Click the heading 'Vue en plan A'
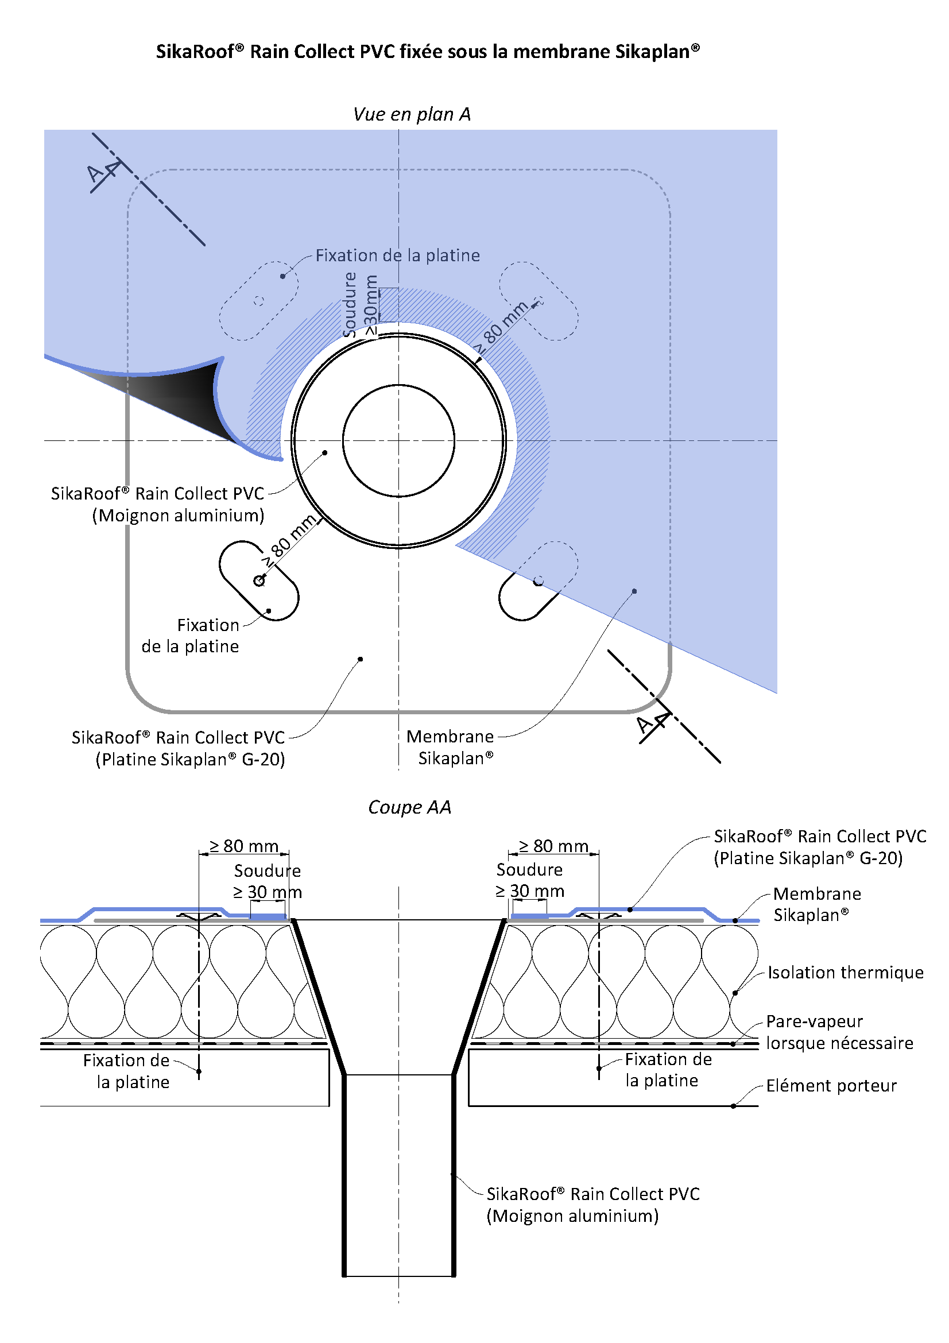click(x=412, y=114)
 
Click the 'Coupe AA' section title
click(x=409, y=807)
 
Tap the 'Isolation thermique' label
click(x=845, y=973)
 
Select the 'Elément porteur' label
click(x=831, y=1086)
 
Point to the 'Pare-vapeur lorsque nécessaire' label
click(x=839, y=1032)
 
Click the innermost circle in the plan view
click(x=398, y=440)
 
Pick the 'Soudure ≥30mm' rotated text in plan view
click(x=359, y=305)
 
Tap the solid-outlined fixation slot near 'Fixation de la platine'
click(x=259, y=580)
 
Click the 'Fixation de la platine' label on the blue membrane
click(x=398, y=256)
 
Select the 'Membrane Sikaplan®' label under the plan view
click(x=451, y=747)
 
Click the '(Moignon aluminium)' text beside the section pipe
click(x=572, y=1216)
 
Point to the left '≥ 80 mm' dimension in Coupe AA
click(x=244, y=846)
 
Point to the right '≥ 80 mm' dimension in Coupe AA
click(x=553, y=846)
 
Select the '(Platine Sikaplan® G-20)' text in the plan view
click(x=190, y=759)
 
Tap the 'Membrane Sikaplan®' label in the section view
click(x=816, y=904)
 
